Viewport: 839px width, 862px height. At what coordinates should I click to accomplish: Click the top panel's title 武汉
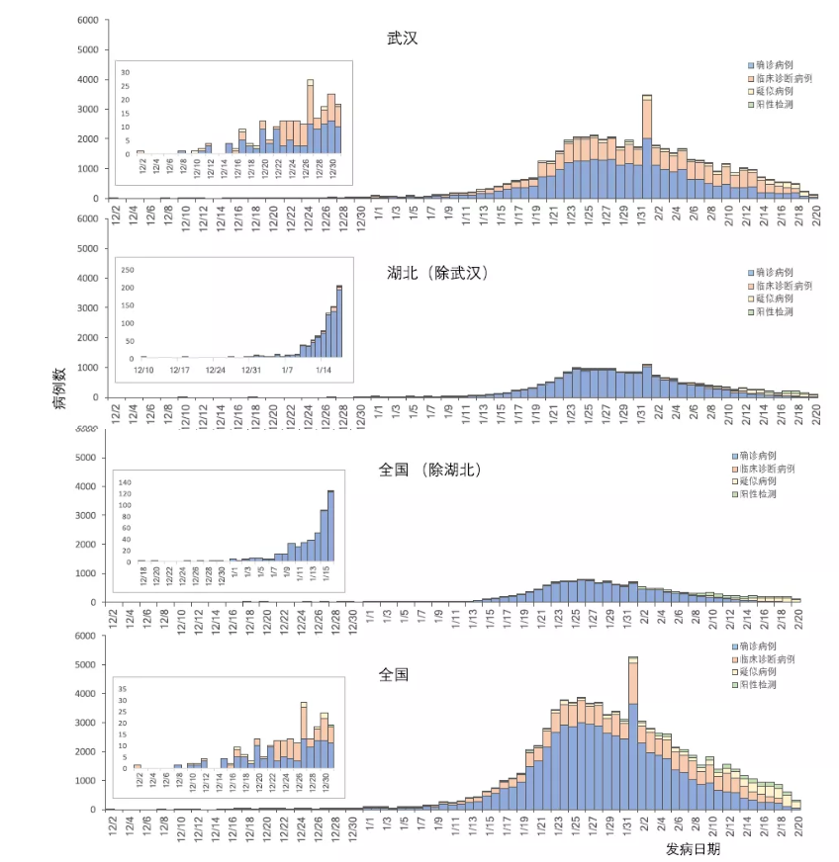click(x=403, y=39)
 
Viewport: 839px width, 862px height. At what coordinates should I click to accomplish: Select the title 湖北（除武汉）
click(x=438, y=274)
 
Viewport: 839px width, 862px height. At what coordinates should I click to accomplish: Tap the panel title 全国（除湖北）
click(x=429, y=471)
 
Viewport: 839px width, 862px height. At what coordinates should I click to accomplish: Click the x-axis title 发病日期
click(x=693, y=848)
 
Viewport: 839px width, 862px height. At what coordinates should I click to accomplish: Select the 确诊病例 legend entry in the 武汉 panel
click(x=771, y=63)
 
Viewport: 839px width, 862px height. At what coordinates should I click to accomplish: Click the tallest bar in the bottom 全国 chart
click(x=633, y=732)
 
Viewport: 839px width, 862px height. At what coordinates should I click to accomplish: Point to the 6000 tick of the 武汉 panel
click(x=87, y=20)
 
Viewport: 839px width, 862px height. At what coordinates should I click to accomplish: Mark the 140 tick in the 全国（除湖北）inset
click(x=125, y=482)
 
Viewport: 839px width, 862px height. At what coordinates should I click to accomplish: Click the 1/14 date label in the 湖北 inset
click(x=324, y=370)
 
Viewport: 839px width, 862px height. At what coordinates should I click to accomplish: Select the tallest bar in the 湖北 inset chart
click(x=339, y=322)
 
